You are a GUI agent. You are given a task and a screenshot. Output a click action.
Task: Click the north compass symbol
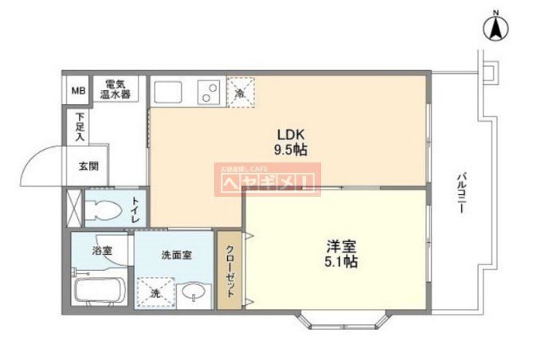pos(496,29)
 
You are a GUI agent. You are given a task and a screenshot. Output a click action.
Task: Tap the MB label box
pos(78,91)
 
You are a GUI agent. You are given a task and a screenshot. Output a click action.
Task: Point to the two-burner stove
pos(209,92)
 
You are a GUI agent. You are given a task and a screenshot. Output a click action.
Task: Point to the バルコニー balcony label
pos(462,191)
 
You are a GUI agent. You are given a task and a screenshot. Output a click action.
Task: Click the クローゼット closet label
pos(229,269)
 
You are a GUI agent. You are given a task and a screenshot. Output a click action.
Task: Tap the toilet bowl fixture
pos(104,211)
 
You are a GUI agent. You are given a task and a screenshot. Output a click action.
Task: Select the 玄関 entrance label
pos(88,166)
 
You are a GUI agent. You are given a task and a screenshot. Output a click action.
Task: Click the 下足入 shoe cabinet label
pos(80,127)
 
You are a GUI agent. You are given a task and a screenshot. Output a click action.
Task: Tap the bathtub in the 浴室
pos(100,288)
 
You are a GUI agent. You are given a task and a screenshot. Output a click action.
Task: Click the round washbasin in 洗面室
pos(193,295)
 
